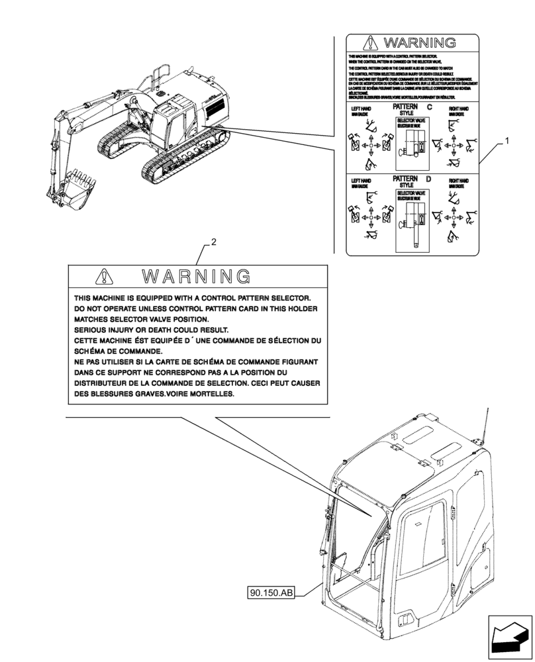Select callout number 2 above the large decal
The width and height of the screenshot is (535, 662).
pyautogui.click(x=213, y=243)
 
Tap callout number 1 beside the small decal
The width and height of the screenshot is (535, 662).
pyautogui.click(x=507, y=141)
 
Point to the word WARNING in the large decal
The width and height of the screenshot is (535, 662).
pyautogui.click(x=197, y=276)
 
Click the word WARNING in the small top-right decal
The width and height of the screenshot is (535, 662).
pyautogui.click(x=419, y=44)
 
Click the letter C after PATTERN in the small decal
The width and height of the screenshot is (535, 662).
pyautogui.click(x=429, y=107)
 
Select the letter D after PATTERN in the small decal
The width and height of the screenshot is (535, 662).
pyautogui.click(x=429, y=179)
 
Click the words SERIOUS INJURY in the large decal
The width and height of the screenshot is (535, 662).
pyautogui.click(x=109, y=330)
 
